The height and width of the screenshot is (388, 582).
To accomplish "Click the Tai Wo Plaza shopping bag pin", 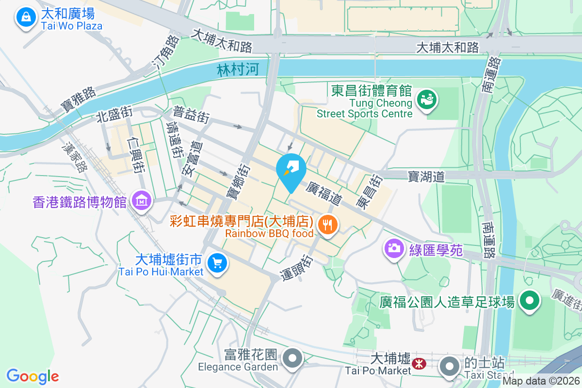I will [x=26, y=18].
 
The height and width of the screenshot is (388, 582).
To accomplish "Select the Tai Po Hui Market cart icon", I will [x=216, y=263].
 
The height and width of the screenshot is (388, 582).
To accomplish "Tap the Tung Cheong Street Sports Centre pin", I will [x=428, y=99].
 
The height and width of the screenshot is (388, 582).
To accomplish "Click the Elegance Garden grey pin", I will [x=292, y=358].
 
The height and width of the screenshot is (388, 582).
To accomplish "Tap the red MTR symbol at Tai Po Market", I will [x=418, y=362].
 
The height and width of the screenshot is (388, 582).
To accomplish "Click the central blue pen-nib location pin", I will [x=291, y=170].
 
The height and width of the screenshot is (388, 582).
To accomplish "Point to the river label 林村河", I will [x=239, y=70].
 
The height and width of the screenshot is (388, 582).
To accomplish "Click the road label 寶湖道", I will [x=426, y=176].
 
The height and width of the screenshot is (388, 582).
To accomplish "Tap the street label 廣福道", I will [x=324, y=193].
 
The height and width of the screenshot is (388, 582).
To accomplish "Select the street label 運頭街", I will [x=297, y=268].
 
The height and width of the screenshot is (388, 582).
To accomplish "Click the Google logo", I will [x=32, y=376].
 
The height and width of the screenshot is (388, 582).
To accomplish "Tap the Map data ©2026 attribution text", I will [x=541, y=381].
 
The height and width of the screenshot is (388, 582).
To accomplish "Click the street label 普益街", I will [x=191, y=115].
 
